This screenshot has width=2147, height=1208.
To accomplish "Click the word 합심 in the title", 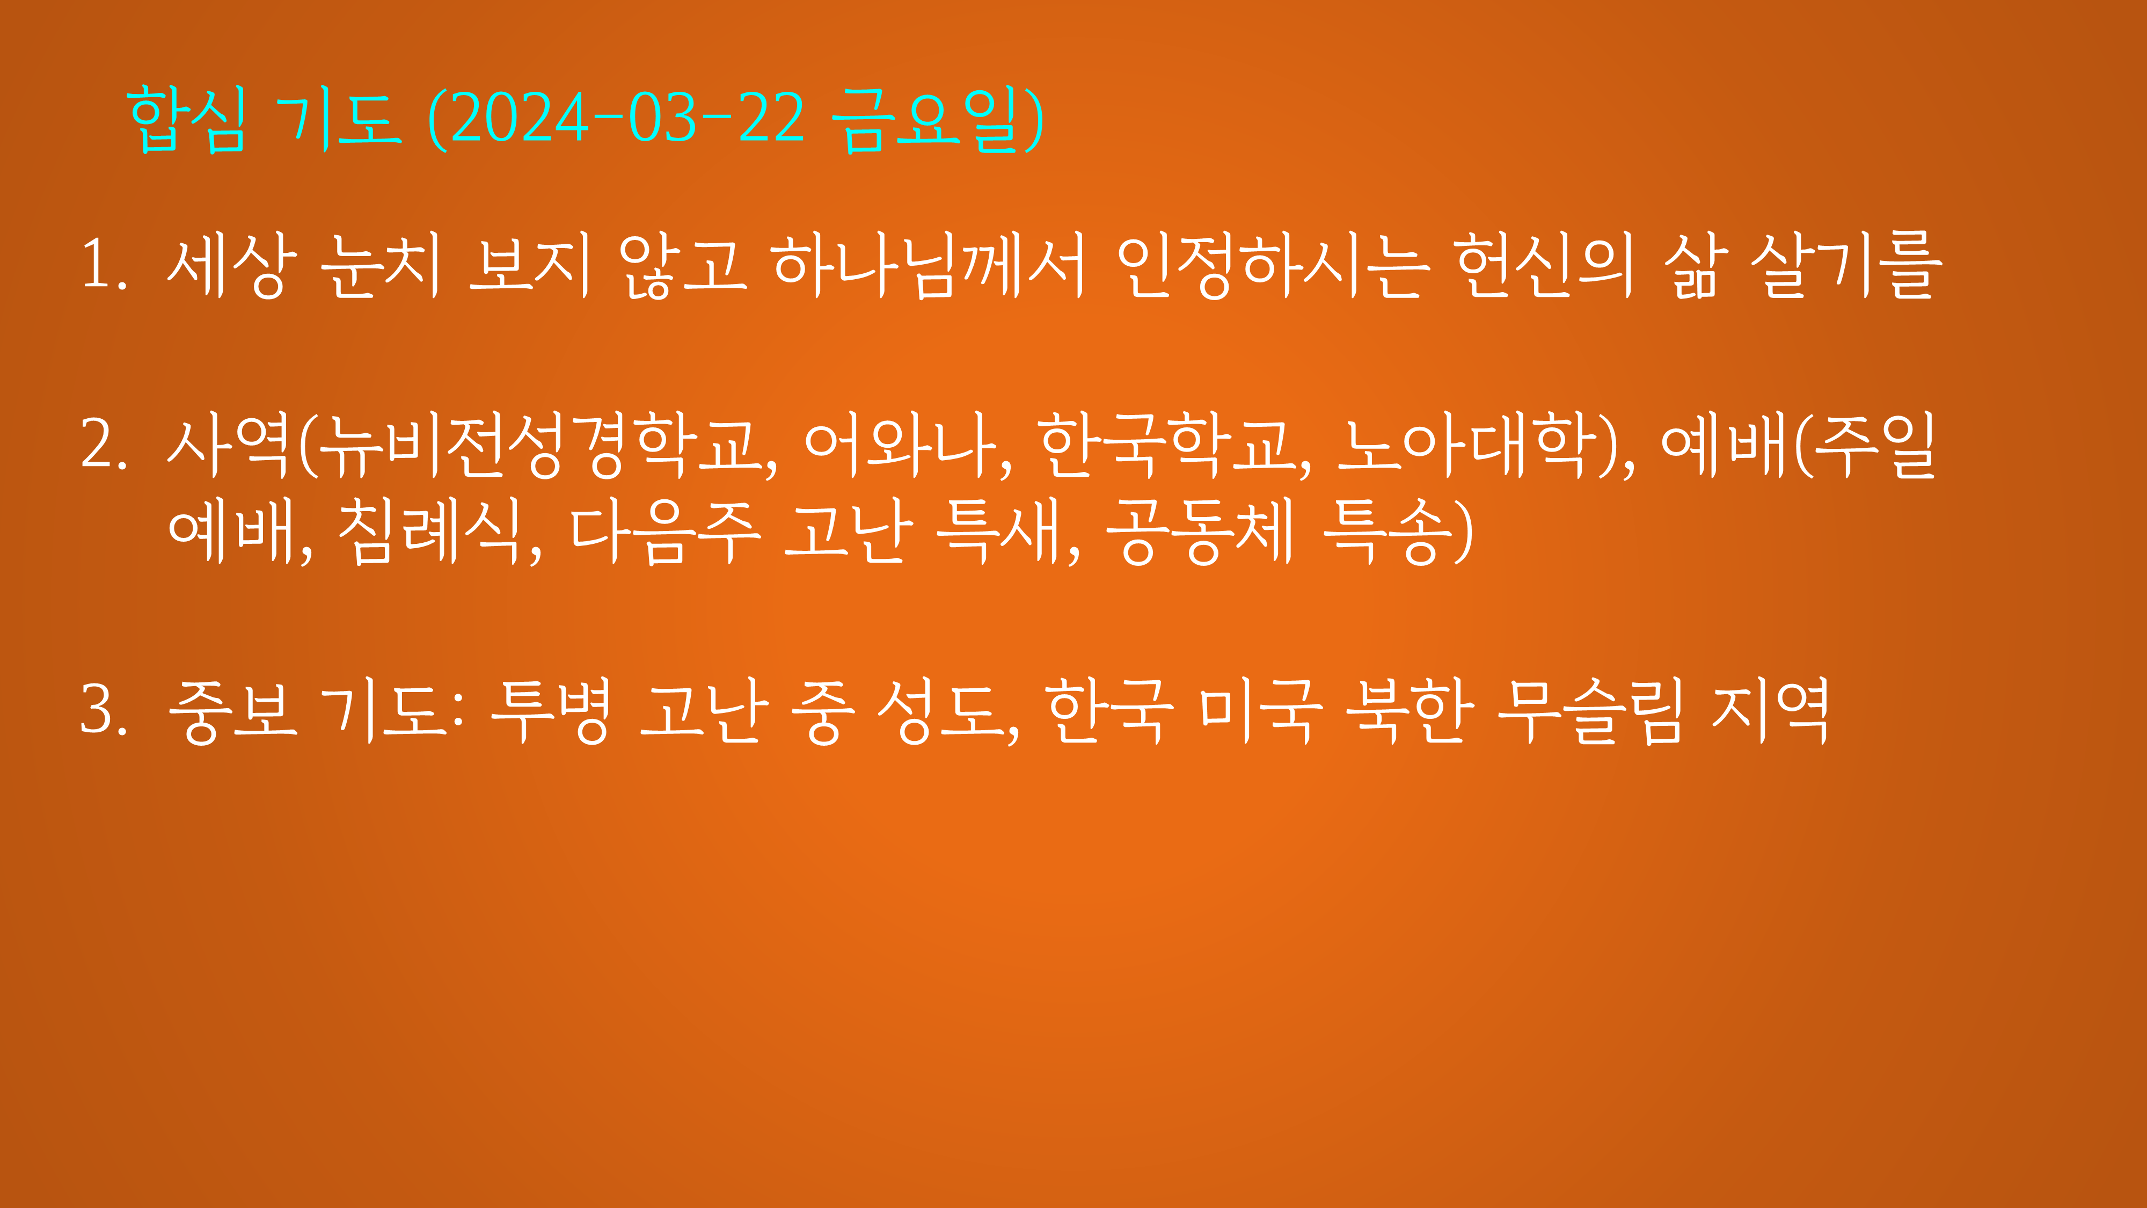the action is click(187, 120).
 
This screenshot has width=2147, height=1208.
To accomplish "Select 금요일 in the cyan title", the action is click(925, 120).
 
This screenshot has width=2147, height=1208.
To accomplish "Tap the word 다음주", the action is click(665, 531).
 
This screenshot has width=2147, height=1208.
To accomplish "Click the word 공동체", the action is click(1200, 531).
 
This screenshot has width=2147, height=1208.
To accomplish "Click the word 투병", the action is click(550, 710).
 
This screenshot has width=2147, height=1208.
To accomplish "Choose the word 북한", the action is click(1408, 710).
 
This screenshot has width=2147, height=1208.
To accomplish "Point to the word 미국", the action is click(1260, 710).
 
